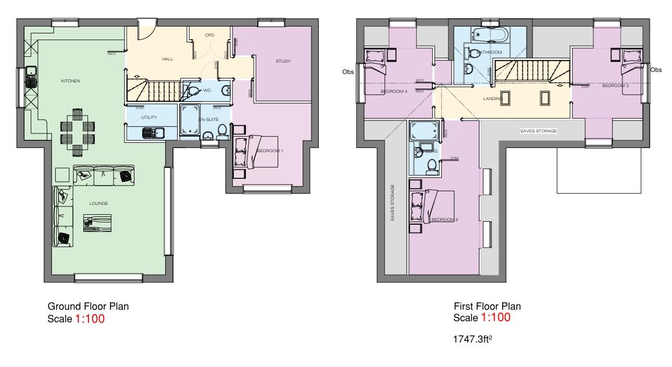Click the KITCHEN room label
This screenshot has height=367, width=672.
click(x=70, y=81)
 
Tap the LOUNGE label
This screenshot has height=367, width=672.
click(x=98, y=203)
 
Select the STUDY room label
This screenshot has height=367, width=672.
click(x=283, y=61)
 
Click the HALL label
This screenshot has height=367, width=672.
click(x=167, y=59)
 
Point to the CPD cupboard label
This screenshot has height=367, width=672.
click(x=209, y=35)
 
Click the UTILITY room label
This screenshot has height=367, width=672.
click(x=149, y=117)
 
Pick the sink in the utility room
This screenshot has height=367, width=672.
click(x=153, y=133)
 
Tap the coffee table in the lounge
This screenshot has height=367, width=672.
click(x=97, y=223)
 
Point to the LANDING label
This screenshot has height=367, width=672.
click(x=493, y=98)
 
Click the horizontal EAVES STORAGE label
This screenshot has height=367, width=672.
click(x=539, y=131)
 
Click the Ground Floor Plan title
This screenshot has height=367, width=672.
click(x=88, y=307)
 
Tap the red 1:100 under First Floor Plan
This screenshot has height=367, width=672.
click(x=495, y=317)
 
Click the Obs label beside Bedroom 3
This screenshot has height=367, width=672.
click(x=656, y=70)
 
